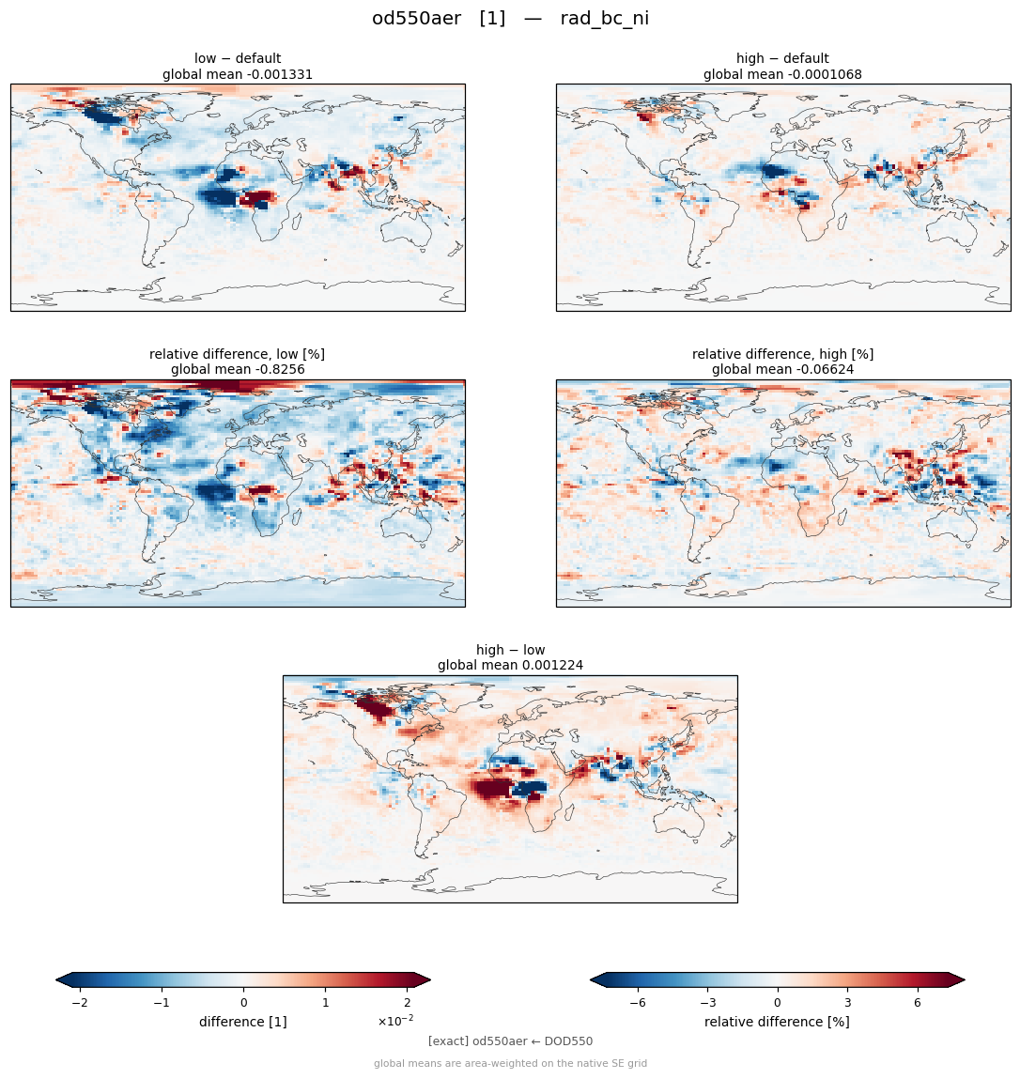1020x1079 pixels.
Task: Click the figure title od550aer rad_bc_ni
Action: [x=510, y=18]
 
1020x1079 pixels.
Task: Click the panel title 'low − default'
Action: [x=238, y=58]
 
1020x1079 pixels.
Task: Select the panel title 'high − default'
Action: [x=782, y=58]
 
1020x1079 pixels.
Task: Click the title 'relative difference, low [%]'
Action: [x=237, y=354]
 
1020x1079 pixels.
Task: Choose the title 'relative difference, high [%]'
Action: [x=782, y=354]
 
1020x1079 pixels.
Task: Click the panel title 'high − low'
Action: [x=510, y=650]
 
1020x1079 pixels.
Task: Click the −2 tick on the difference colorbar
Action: [x=80, y=1003]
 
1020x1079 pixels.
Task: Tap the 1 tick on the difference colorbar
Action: [x=326, y=1003]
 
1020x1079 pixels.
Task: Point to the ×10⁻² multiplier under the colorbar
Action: [x=395, y=1021]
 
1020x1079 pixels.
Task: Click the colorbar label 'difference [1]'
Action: [x=243, y=1022]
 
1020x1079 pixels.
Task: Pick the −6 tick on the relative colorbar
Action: [x=638, y=1003]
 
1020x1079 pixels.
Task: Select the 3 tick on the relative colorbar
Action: [x=847, y=1003]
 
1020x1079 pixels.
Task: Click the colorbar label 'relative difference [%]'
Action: [x=777, y=1022]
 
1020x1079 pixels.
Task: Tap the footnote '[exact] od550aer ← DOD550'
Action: [x=510, y=1041]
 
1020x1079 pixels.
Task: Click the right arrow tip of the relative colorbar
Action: [x=965, y=979]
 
